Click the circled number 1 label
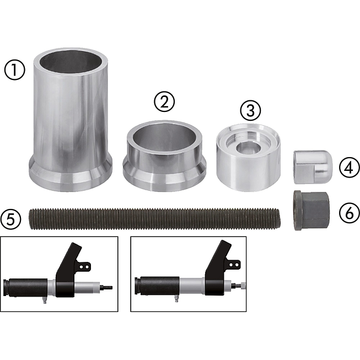pyautogui.click(x=14, y=70)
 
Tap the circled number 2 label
pyautogui.click(x=164, y=102)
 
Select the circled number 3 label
pyautogui.click(x=250, y=110)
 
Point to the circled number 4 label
pyautogui.click(x=349, y=168)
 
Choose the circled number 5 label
pyautogui.click(x=11, y=220)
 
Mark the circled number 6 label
pyautogui.click(x=349, y=213)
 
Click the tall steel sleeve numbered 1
pyautogui.click(x=71, y=120)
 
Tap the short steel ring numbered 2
pyautogui.click(x=164, y=155)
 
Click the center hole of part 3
pyautogui.click(x=249, y=147)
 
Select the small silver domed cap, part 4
pyautogui.click(x=313, y=167)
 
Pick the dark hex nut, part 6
pyautogui.click(x=311, y=210)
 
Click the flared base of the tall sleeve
pyautogui.click(x=71, y=175)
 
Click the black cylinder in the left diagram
pyautogui.click(x=26, y=288)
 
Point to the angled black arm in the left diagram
pyautogui.click(x=69, y=270)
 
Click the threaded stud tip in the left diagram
pyautogui.click(x=108, y=287)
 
